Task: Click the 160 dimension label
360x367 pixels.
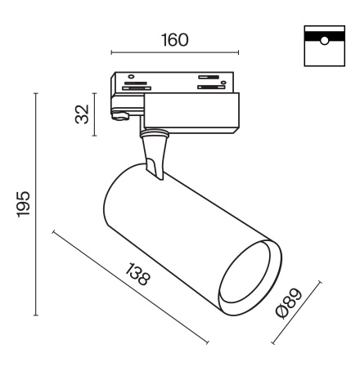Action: pos(175,40)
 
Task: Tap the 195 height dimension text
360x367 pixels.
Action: pos(24,204)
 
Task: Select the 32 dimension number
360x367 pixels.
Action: pos(82,114)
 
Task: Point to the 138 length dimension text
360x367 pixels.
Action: pos(137,274)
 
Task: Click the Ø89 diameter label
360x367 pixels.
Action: pos(289,303)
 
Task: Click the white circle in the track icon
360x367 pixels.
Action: pos(324,41)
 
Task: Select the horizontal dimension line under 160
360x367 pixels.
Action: pos(175,52)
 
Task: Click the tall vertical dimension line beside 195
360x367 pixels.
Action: pos(36,204)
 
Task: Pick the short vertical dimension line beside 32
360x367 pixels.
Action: pos(94,114)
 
